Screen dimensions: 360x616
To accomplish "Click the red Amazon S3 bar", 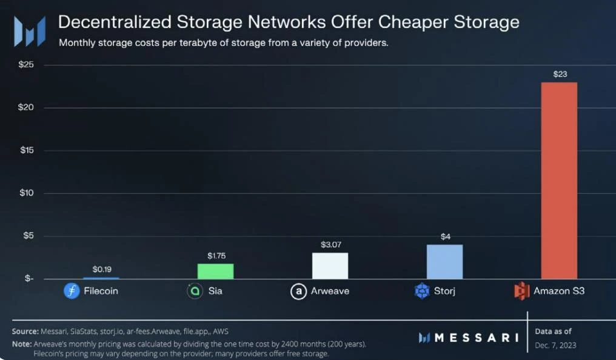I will coord(559,180).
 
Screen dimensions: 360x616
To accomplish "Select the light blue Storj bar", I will coord(444,262).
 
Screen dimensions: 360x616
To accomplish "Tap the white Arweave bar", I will coord(330,265).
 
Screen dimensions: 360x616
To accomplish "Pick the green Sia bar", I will coord(215,271).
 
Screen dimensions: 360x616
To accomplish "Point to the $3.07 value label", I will coord(330,244).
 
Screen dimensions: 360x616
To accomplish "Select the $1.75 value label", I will coord(216,256).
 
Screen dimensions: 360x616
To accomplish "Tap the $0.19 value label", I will coord(101,268).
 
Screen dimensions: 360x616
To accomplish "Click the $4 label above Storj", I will coord(445,236).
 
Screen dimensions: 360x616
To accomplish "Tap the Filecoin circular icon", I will coord(72,291).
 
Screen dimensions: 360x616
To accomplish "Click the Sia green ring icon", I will coord(195,291).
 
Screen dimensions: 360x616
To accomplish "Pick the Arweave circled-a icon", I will coord(298,292).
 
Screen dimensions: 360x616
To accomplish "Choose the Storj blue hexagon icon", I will coord(421,292).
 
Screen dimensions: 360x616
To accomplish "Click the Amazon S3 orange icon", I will coord(521,291).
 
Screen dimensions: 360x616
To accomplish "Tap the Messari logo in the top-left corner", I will coord(29,30).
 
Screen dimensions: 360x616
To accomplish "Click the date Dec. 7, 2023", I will coord(555,345).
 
